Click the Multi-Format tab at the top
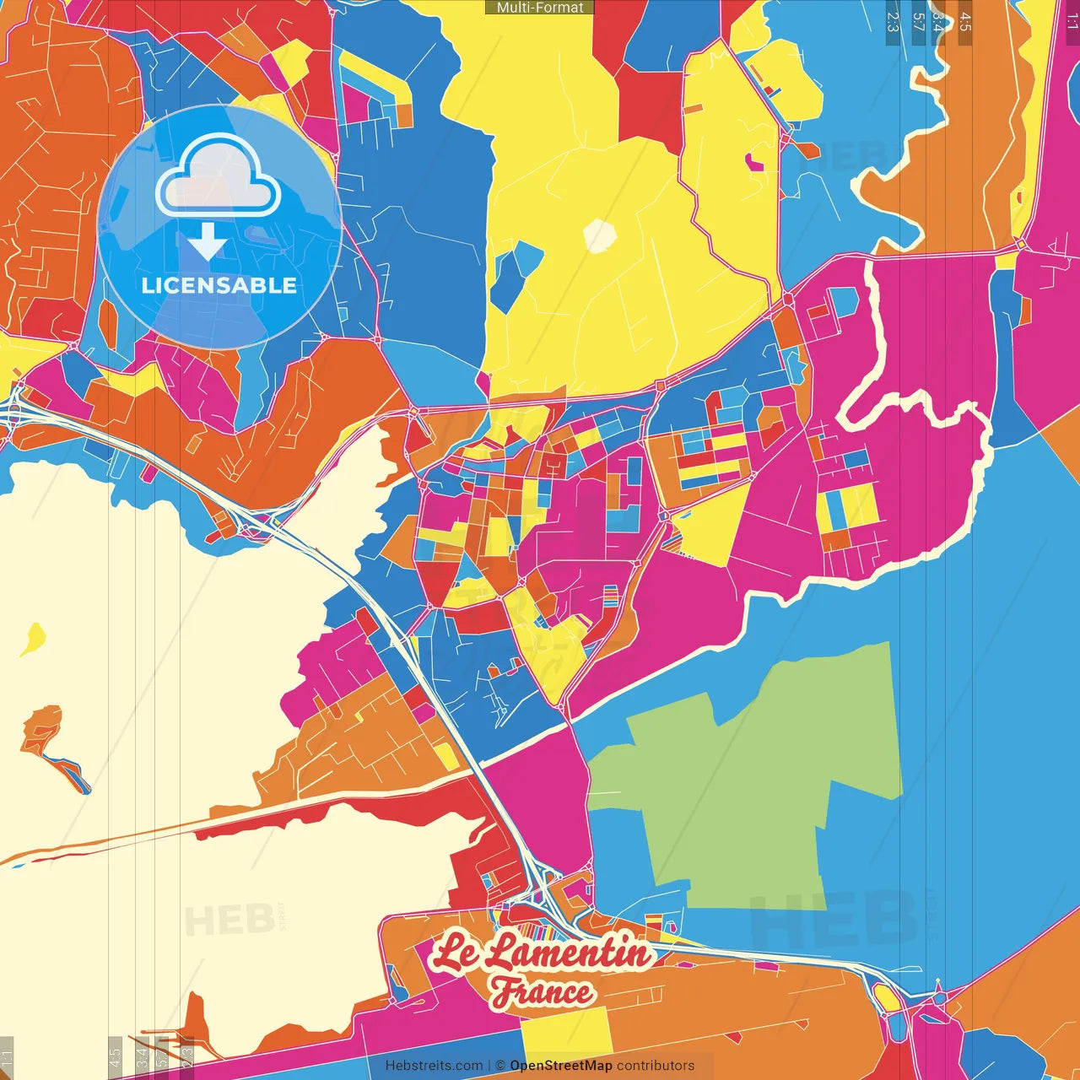540,8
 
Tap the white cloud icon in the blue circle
219,176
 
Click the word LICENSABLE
219,285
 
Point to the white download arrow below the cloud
207,243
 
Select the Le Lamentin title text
542,953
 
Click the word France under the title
542,992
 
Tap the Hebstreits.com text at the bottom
434,1066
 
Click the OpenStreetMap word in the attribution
561,1066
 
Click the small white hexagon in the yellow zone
600,235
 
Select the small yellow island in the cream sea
33,639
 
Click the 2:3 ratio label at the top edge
892,21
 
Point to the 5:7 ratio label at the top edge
919,21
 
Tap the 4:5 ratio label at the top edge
965,21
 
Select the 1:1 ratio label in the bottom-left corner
7,1057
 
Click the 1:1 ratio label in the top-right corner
1072,21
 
